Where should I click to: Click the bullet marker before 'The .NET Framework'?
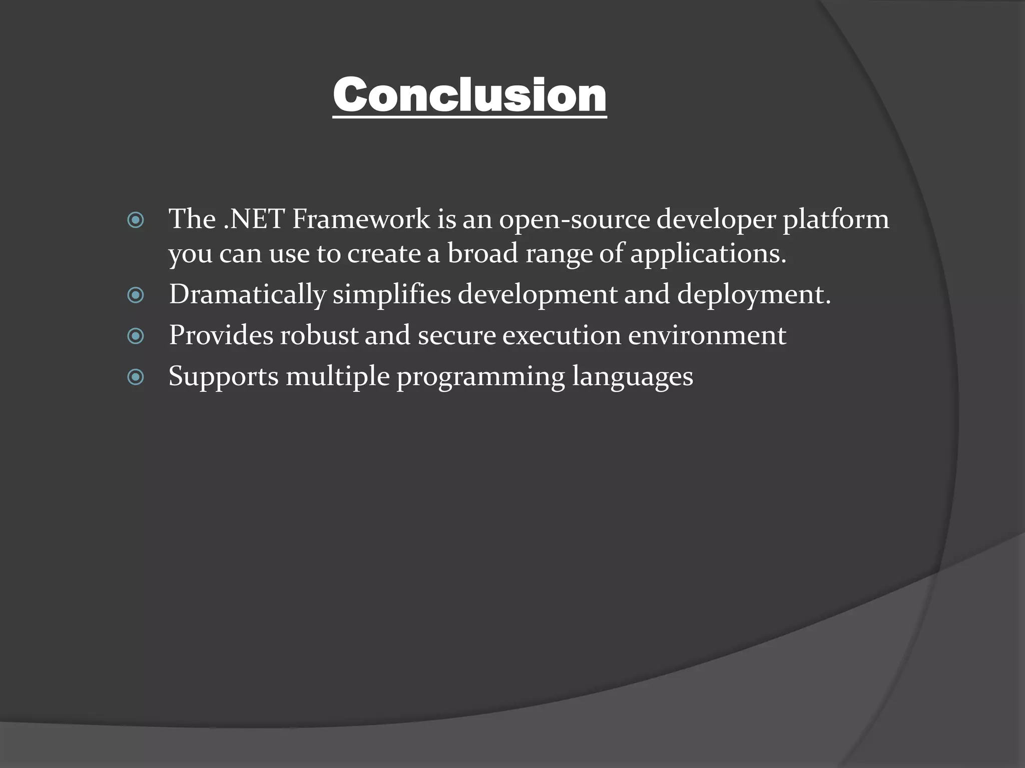(x=136, y=220)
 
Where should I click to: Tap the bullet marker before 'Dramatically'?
(x=136, y=295)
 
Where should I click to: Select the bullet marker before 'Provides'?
(x=136, y=336)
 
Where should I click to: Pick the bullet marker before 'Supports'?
(x=136, y=377)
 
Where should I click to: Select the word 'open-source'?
(x=574, y=220)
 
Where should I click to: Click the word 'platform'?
(x=836, y=220)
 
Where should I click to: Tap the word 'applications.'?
(x=708, y=254)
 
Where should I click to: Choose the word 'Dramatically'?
(x=247, y=295)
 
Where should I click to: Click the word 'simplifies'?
(x=391, y=295)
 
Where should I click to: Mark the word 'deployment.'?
(x=754, y=295)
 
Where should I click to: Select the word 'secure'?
(x=456, y=336)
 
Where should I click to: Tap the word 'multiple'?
(x=337, y=377)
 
